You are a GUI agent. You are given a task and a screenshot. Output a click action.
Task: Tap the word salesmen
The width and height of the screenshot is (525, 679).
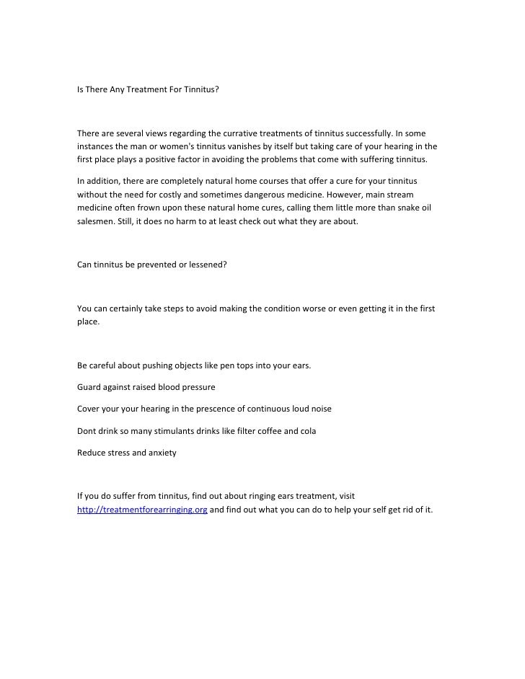96,221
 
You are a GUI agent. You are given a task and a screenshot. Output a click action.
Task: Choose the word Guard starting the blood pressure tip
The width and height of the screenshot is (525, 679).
89,387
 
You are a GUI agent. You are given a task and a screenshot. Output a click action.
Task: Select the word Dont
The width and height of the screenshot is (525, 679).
87,431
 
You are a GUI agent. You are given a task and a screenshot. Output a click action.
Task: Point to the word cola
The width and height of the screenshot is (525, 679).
307,431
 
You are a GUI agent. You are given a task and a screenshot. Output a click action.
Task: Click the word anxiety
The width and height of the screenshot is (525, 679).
159,453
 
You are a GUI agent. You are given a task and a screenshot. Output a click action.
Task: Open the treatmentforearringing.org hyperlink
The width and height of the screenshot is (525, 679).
142,510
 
